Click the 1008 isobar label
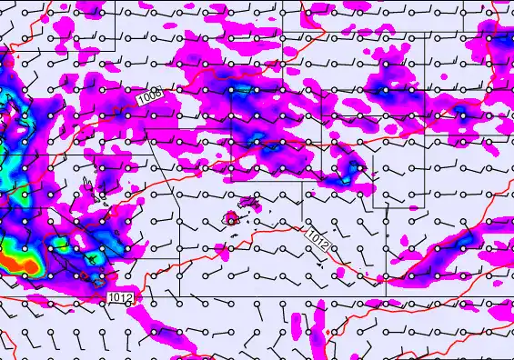(150, 95)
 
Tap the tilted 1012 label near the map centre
(317, 240)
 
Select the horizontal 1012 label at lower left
(120, 298)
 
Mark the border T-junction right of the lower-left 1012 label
(179, 296)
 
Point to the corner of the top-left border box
(116, 40)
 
